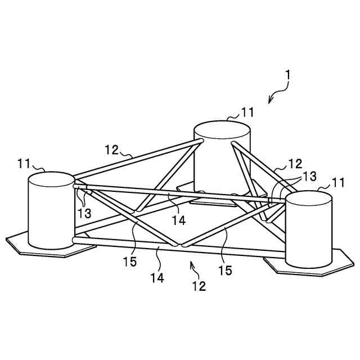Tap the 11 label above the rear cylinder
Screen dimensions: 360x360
click(247, 112)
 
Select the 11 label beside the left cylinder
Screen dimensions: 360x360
click(23, 164)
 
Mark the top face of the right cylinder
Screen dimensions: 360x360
click(309, 200)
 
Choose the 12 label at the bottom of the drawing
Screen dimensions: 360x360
click(199, 286)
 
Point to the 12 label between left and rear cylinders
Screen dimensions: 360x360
click(111, 150)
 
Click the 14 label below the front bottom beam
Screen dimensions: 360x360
click(157, 277)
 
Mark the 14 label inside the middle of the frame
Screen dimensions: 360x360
click(178, 220)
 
